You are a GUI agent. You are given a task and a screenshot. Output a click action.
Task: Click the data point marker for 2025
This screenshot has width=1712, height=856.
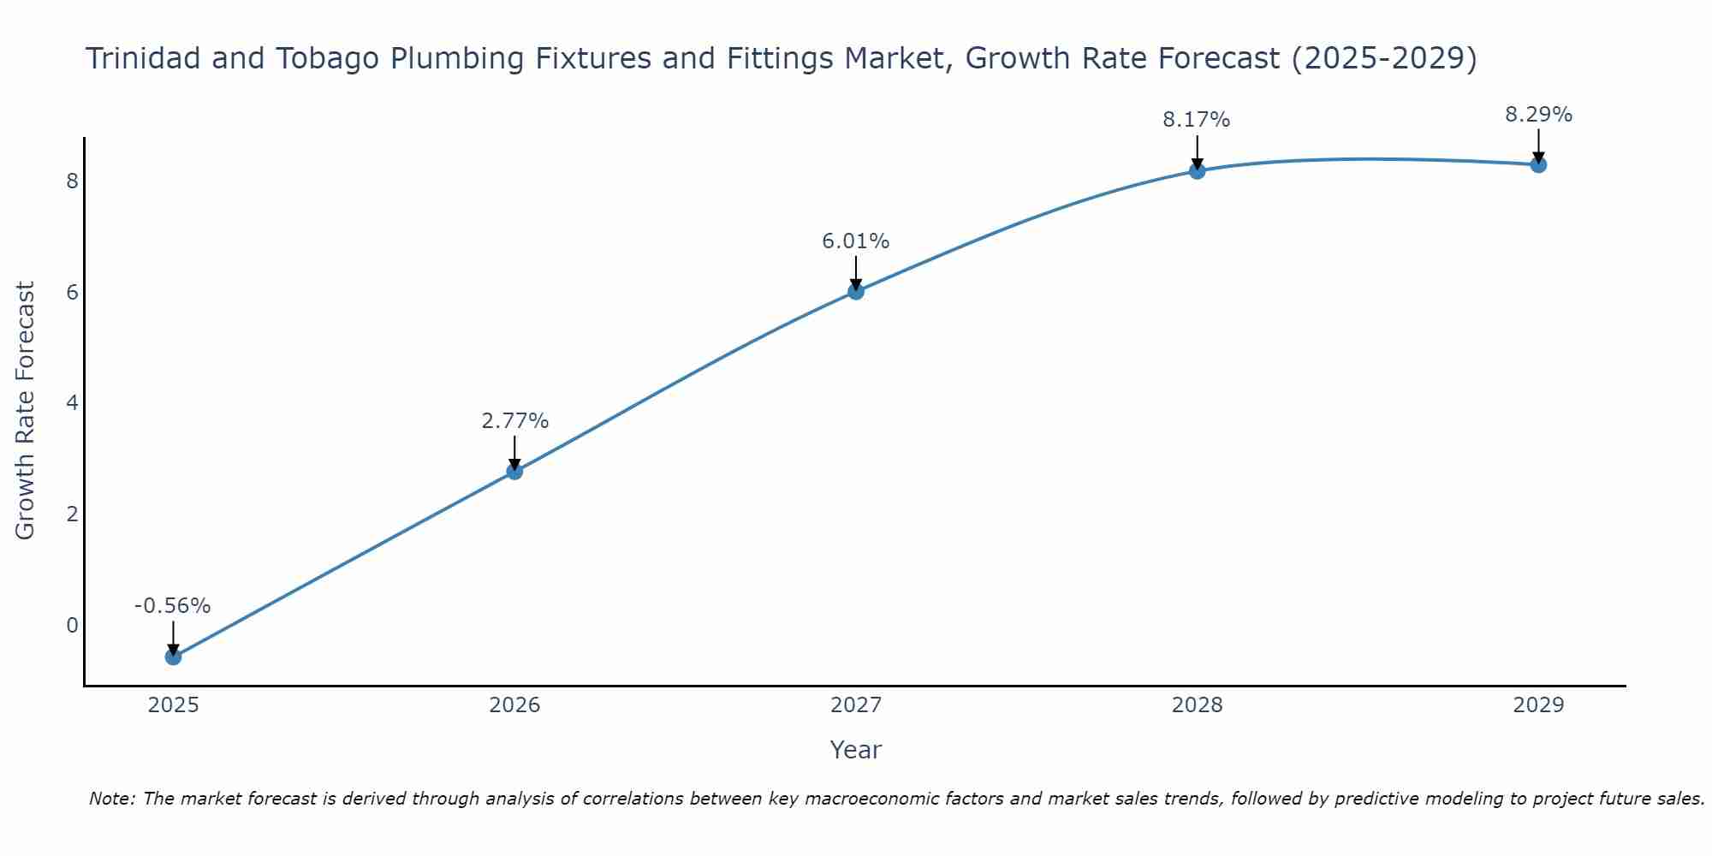click(173, 657)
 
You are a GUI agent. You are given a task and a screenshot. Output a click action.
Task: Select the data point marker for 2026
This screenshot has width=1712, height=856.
click(514, 471)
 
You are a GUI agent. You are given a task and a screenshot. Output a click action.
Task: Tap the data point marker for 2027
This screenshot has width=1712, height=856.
click(856, 291)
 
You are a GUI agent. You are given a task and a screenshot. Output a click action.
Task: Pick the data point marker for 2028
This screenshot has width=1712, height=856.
click(1197, 171)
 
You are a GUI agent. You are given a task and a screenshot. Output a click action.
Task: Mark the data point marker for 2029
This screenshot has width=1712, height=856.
click(1538, 164)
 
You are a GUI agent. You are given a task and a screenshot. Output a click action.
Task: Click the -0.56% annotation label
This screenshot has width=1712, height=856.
click(172, 606)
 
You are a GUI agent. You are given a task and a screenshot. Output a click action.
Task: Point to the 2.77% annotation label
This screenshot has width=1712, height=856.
click(514, 421)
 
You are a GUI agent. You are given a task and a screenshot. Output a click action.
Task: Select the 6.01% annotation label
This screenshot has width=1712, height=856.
click(856, 241)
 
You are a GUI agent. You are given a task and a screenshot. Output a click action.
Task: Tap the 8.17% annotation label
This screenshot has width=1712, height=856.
click(1197, 120)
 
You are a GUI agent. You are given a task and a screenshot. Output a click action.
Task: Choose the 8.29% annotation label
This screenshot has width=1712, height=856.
click(1538, 115)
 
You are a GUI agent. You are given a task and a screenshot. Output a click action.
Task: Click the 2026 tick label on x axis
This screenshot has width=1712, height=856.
click(514, 705)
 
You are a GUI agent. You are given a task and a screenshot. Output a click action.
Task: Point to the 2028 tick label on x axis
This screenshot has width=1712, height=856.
click(1197, 705)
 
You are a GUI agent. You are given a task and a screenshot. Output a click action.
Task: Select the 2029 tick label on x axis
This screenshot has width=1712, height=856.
click(1538, 705)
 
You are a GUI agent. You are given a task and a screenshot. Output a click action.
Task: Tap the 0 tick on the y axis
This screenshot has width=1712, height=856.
click(72, 625)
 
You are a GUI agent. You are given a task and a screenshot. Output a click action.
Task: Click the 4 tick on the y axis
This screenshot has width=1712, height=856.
click(72, 403)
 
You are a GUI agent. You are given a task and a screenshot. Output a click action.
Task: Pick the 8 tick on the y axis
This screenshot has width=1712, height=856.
click(72, 181)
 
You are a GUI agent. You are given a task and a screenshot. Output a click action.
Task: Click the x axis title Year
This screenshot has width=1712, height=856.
click(856, 750)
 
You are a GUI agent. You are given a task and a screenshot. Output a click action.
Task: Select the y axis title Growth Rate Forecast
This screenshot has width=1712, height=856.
click(26, 411)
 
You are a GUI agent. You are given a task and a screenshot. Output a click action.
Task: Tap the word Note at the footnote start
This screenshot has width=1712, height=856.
click(111, 799)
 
